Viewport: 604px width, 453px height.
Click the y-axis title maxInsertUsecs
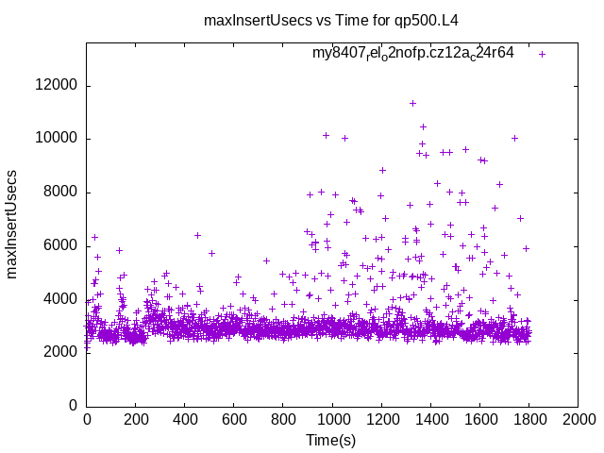(13, 225)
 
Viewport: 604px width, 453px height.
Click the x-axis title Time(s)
(331, 440)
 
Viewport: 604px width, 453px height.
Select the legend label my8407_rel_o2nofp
(413, 54)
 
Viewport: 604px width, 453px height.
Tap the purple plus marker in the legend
(542, 54)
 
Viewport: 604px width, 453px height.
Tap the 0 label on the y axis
(74, 406)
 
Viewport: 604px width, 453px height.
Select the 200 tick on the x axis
(136, 419)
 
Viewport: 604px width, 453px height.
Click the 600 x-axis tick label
(234, 419)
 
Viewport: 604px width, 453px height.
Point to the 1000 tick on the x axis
(332, 419)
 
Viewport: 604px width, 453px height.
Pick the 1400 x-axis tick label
(430, 419)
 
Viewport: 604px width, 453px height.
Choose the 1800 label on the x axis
(528, 419)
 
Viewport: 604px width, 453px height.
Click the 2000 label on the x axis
(578, 419)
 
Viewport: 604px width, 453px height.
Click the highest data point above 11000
(412, 103)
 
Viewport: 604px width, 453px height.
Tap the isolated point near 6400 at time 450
(197, 235)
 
